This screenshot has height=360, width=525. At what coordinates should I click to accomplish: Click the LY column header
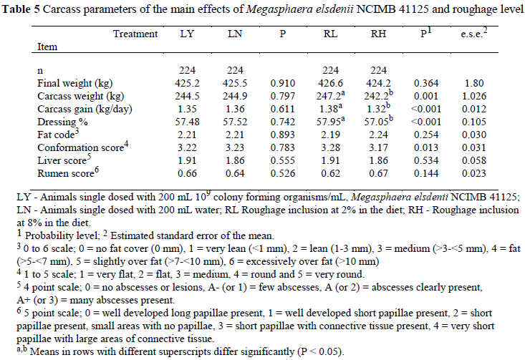pyautogui.click(x=188, y=34)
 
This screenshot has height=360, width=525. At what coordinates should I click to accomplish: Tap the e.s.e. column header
pyautogui.click(x=493, y=34)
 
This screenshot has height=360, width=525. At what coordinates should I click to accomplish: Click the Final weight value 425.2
pyautogui.click(x=188, y=82)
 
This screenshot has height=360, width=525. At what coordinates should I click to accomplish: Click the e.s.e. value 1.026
pyautogui.click(x=493, y=95)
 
